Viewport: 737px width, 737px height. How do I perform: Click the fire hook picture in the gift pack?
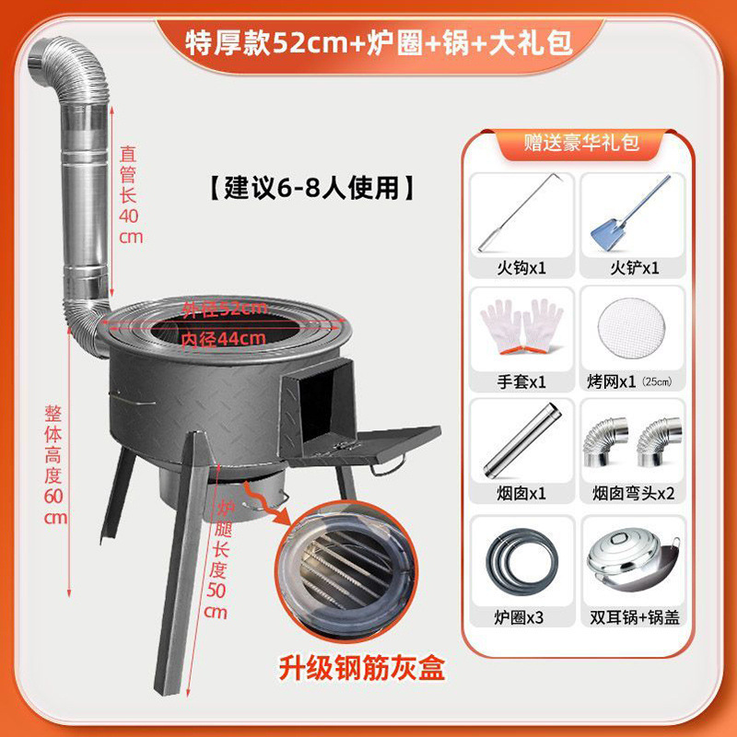[521, 216]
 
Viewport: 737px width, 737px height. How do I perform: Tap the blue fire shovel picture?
[630, 216]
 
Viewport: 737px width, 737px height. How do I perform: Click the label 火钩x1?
[521, 268]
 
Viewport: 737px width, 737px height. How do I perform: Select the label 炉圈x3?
[521, 616]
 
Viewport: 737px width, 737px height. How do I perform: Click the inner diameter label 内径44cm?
[234, 338]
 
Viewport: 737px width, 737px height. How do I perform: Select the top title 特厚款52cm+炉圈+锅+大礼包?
[368, 41]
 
